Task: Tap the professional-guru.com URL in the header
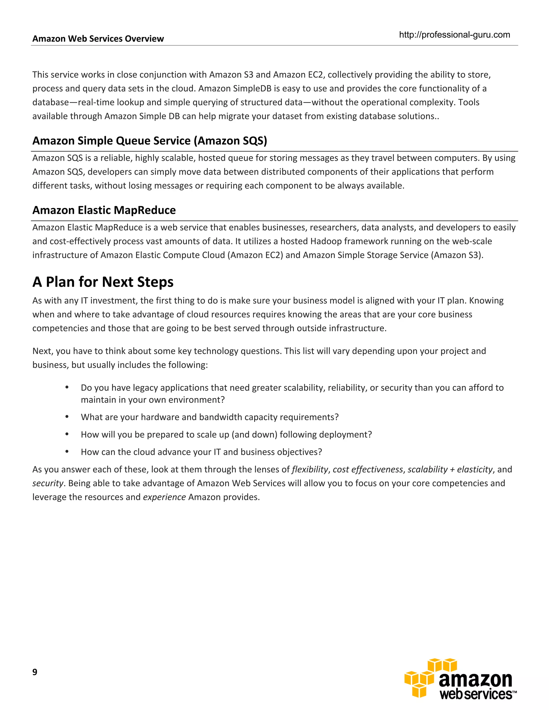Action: coord(454,35)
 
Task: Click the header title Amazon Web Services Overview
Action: coord(98,39)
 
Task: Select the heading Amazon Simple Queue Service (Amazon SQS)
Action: coord(150,141)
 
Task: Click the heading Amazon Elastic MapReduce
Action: coord(104,210)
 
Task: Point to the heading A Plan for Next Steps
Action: coord(103,282)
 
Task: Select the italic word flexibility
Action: coord(310,469)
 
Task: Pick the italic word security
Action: coord(47,483)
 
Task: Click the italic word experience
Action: coord(164,497)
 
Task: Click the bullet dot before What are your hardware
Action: coord(67,417)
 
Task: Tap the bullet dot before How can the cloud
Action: coord(67,451)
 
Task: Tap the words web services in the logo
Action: coord(476,694)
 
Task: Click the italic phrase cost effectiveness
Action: coord(368,469)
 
